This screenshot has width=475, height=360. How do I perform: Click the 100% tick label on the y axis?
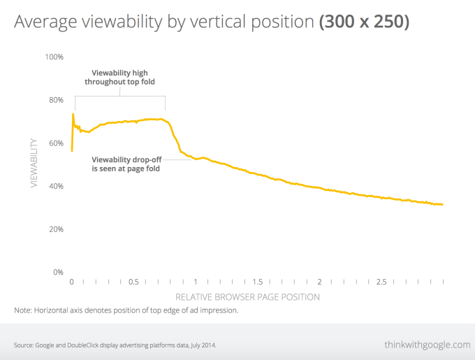pos(54,56)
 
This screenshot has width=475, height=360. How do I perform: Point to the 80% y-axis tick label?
pos(55,99)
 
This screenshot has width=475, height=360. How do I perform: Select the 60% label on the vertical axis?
pos(55,143)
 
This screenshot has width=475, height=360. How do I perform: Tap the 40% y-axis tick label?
pos(55,186)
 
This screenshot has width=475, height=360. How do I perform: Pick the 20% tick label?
pos(55,229)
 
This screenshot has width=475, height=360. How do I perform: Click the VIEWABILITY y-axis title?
pos(34,164)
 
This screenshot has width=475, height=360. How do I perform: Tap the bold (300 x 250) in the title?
pos(364,22)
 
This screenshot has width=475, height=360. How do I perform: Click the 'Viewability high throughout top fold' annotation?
pos(119,77)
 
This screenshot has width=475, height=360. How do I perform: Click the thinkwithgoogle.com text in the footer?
pos(427,345)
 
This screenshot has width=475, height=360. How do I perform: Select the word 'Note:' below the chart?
pos(24,310)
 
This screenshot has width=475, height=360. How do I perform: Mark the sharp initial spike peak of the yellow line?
pos(73,113)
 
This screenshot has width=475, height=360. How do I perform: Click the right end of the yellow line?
pos(443,205)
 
